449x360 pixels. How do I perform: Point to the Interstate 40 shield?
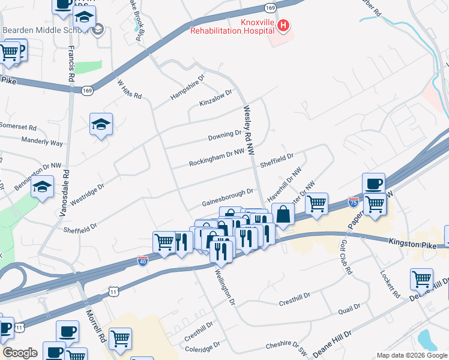pyautogui.click(x=142, y=261)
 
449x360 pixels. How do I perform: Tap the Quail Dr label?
pyautogui.click(x=349, y=308)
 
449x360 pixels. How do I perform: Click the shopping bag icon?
pyautogui.click(x=283, y=214)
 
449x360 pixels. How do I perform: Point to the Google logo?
pyautogui.click(x=19, y=352)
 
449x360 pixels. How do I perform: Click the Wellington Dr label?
pyautogui.click(x=225, y=287)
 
